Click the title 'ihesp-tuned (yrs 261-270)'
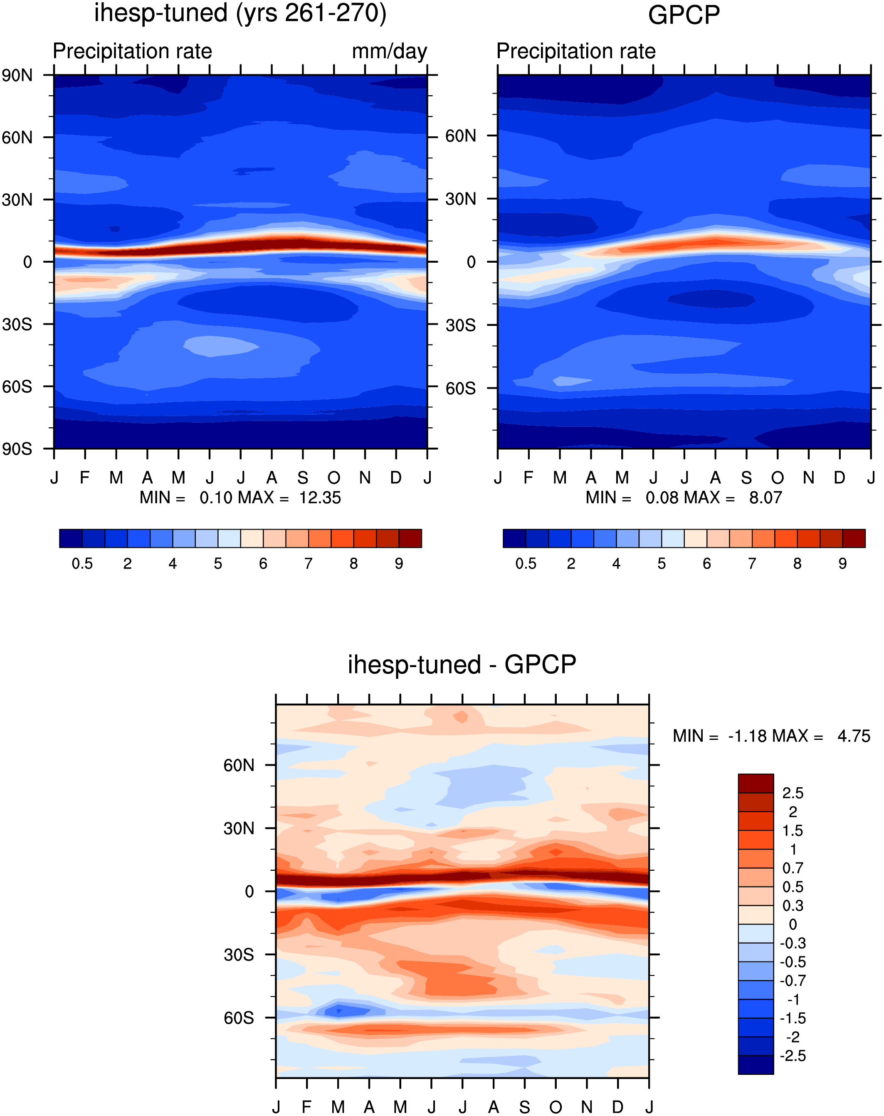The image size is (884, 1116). pos(240,13)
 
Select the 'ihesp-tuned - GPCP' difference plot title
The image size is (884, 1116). pos(462,664)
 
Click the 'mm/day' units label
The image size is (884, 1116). pos(389,52)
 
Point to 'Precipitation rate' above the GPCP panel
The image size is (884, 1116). pos(576,51)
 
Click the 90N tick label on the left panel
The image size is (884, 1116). pos(17,76)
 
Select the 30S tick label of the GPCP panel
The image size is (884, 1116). pos(461,325)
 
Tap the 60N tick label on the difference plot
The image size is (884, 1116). pos(239,765)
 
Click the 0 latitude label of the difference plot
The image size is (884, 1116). pos(249,892)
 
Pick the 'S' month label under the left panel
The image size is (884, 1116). pos(303,477)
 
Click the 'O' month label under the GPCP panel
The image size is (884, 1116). pos(778,477)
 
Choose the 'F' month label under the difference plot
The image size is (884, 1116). pos(307,1107)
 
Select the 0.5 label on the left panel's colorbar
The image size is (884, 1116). pos(82,564)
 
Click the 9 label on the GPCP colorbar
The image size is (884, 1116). pos(842,564)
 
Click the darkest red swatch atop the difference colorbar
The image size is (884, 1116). pos(756,783)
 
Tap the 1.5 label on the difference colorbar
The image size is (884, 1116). pos(793,831)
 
